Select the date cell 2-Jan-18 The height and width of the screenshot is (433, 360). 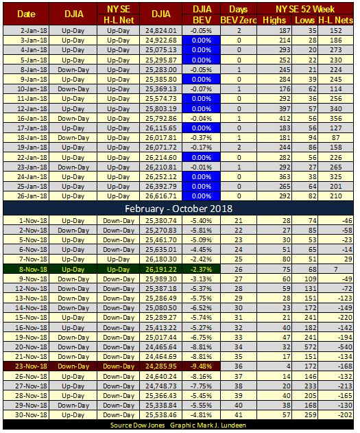tap(32, 31)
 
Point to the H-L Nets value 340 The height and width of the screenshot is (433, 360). tap(337, 108)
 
